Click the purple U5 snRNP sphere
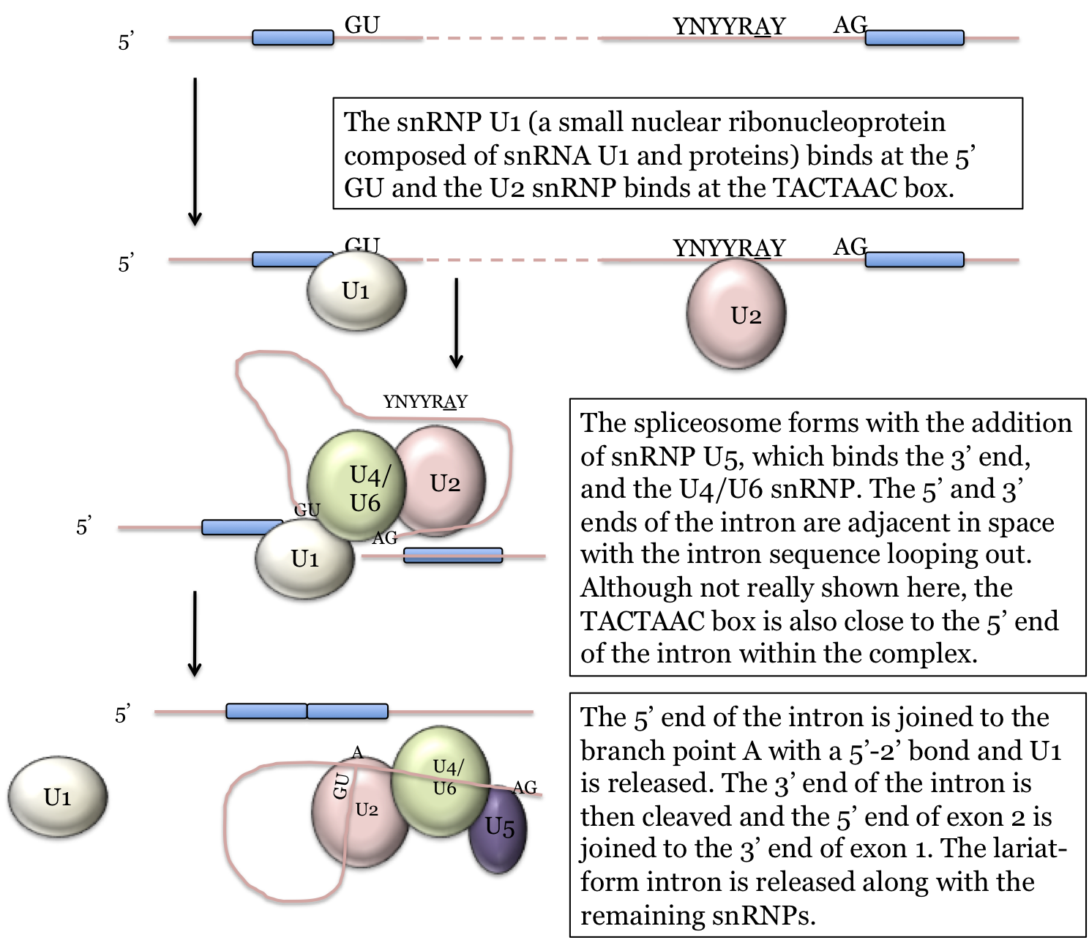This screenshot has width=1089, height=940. tap(498, 829)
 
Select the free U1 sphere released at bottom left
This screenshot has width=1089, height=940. tap(58, 797)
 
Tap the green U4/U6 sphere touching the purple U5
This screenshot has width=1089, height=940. tap(441, 780)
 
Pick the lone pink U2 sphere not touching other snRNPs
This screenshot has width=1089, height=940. tap(736, 313)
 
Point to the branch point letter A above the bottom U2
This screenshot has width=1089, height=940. tap(357, 753)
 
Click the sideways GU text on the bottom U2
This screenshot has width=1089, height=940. tap(341, 786)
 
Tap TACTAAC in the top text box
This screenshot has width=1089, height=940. tap(836, 188)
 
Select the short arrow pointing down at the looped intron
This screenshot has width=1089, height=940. tap(456, 322)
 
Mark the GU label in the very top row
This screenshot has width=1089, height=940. tap(362, 25)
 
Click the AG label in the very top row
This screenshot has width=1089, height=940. tap(850, 25)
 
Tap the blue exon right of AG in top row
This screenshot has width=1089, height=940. tap(914, 38)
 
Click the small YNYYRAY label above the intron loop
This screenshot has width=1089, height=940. tap(425, 402)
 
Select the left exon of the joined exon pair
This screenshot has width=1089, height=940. tap(266, 711)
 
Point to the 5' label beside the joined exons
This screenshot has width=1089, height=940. tap(123, 714)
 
